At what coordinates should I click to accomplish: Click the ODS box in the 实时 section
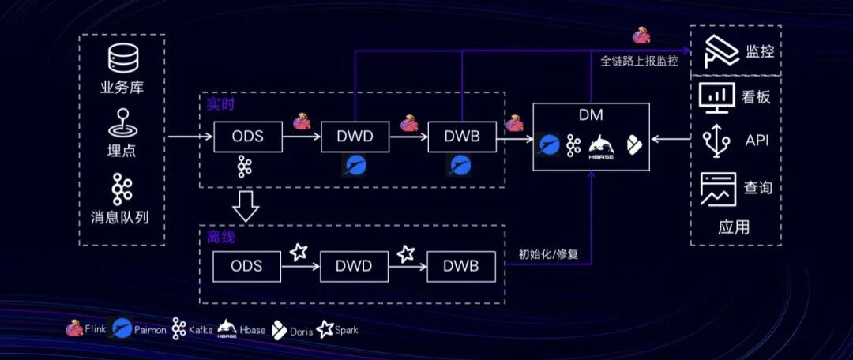248,137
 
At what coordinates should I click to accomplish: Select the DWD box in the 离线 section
354,267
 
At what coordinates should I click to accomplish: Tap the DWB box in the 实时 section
462,137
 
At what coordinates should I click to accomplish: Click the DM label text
590,116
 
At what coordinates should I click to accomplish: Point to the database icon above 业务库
123,58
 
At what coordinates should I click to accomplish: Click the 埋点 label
122,151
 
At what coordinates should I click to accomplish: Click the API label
757,141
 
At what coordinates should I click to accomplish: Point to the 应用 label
733,227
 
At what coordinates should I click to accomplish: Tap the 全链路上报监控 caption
639,62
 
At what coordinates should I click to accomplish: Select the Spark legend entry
338,329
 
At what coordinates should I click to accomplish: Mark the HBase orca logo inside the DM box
601,145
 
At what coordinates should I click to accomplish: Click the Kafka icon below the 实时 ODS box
244,167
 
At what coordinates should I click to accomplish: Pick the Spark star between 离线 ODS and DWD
299,252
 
